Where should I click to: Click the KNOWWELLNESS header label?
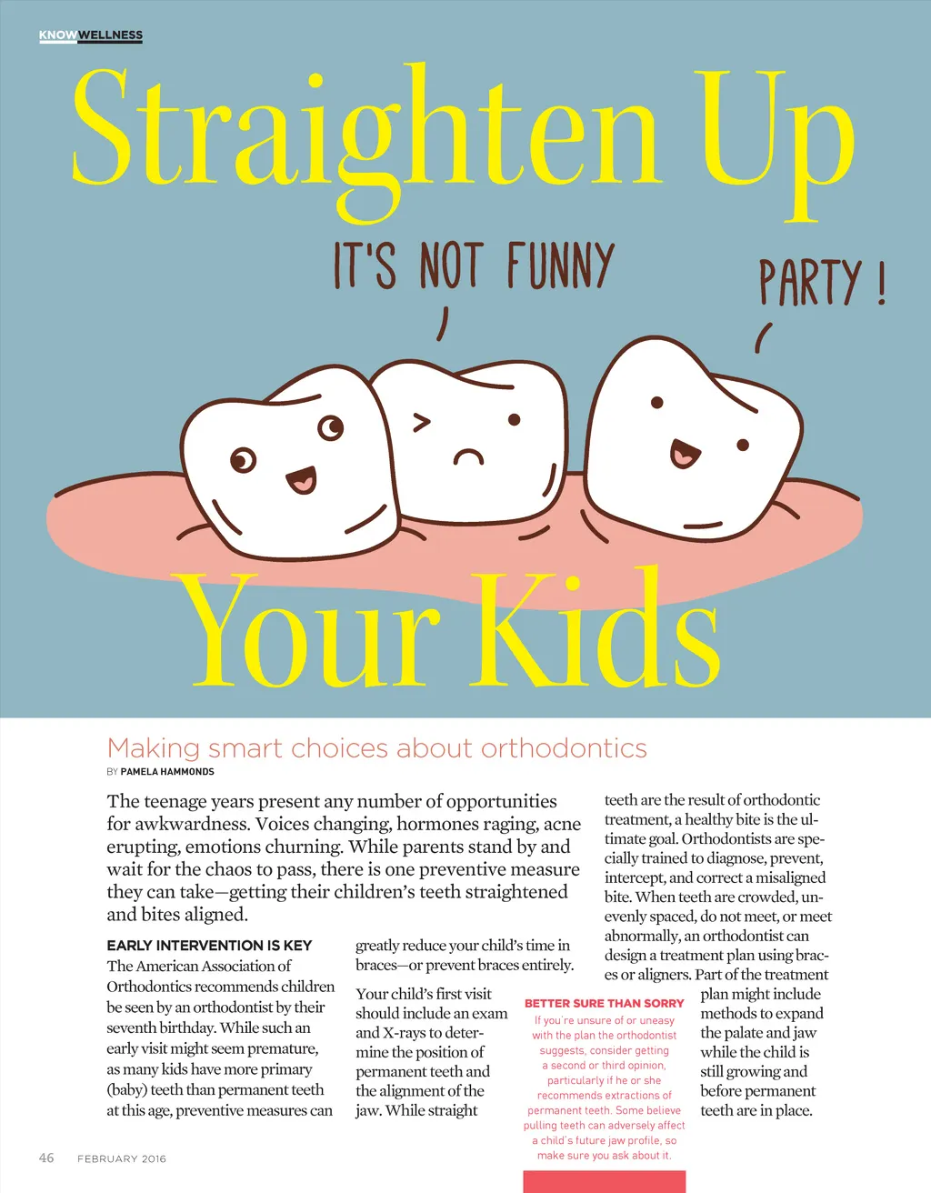click(91, 35)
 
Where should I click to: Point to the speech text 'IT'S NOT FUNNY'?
click(474, 266)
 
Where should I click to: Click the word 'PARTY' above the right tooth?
click(810, 283)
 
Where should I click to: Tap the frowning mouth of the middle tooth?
click(468, 455)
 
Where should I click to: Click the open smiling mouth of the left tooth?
click(301, 479)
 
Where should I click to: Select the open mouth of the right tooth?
click(684, 453)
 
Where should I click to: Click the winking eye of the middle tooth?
click(422, 423)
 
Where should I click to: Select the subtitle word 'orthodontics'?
click(564, 748)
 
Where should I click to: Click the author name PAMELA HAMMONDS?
click(167, 772)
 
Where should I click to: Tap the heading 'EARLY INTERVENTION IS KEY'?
click(209, 946)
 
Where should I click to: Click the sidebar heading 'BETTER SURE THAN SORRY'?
click(604, 1003)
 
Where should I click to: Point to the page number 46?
click(46, 1158)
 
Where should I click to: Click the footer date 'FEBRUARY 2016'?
click(122, 1158)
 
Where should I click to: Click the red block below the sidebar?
click(604, 1181)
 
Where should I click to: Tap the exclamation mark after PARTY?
click(881, 285)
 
